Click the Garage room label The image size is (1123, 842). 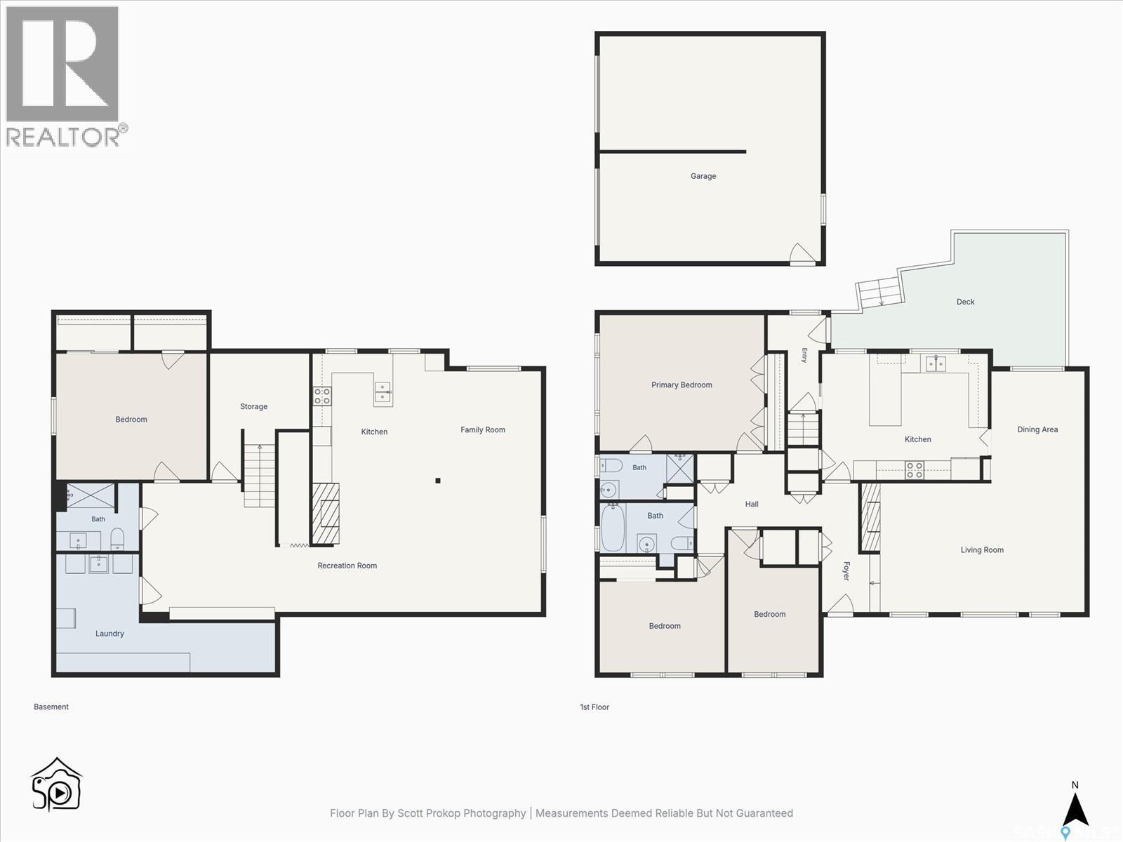pyautogui.click(x=703, y=176)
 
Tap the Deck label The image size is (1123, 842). pyautogui.click(x=965, y=302)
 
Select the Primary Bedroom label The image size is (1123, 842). pyautogui.click(x=682, y=385)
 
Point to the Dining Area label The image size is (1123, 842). pyautogui.click(x=1037, y=429)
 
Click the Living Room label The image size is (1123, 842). pyautogui.click(x=982, y=550)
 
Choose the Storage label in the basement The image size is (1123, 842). pyautogui.click(x=254, y=406)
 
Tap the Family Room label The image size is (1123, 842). pyautogui.click(x=482, y=430)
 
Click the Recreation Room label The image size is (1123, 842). pyautogui.click(x=347, y=566)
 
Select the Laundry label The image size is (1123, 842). pyautogui.click(x=109, y=634)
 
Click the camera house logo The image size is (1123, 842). pyautogui.click(x=56, y=784)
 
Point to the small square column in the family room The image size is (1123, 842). pyautogui.click(x=438, y=481)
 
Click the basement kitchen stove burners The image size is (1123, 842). pyautogui.click(x=322, y=396)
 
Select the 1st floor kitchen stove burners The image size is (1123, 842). pyautogui.click(x=915, y=470)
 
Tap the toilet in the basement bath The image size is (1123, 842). pyautogui.click(x=117, y=539)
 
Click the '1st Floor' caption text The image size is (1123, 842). pyautogui.click(x=594, y=707)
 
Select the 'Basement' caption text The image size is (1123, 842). pyautogui.click(x=51, y=707)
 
